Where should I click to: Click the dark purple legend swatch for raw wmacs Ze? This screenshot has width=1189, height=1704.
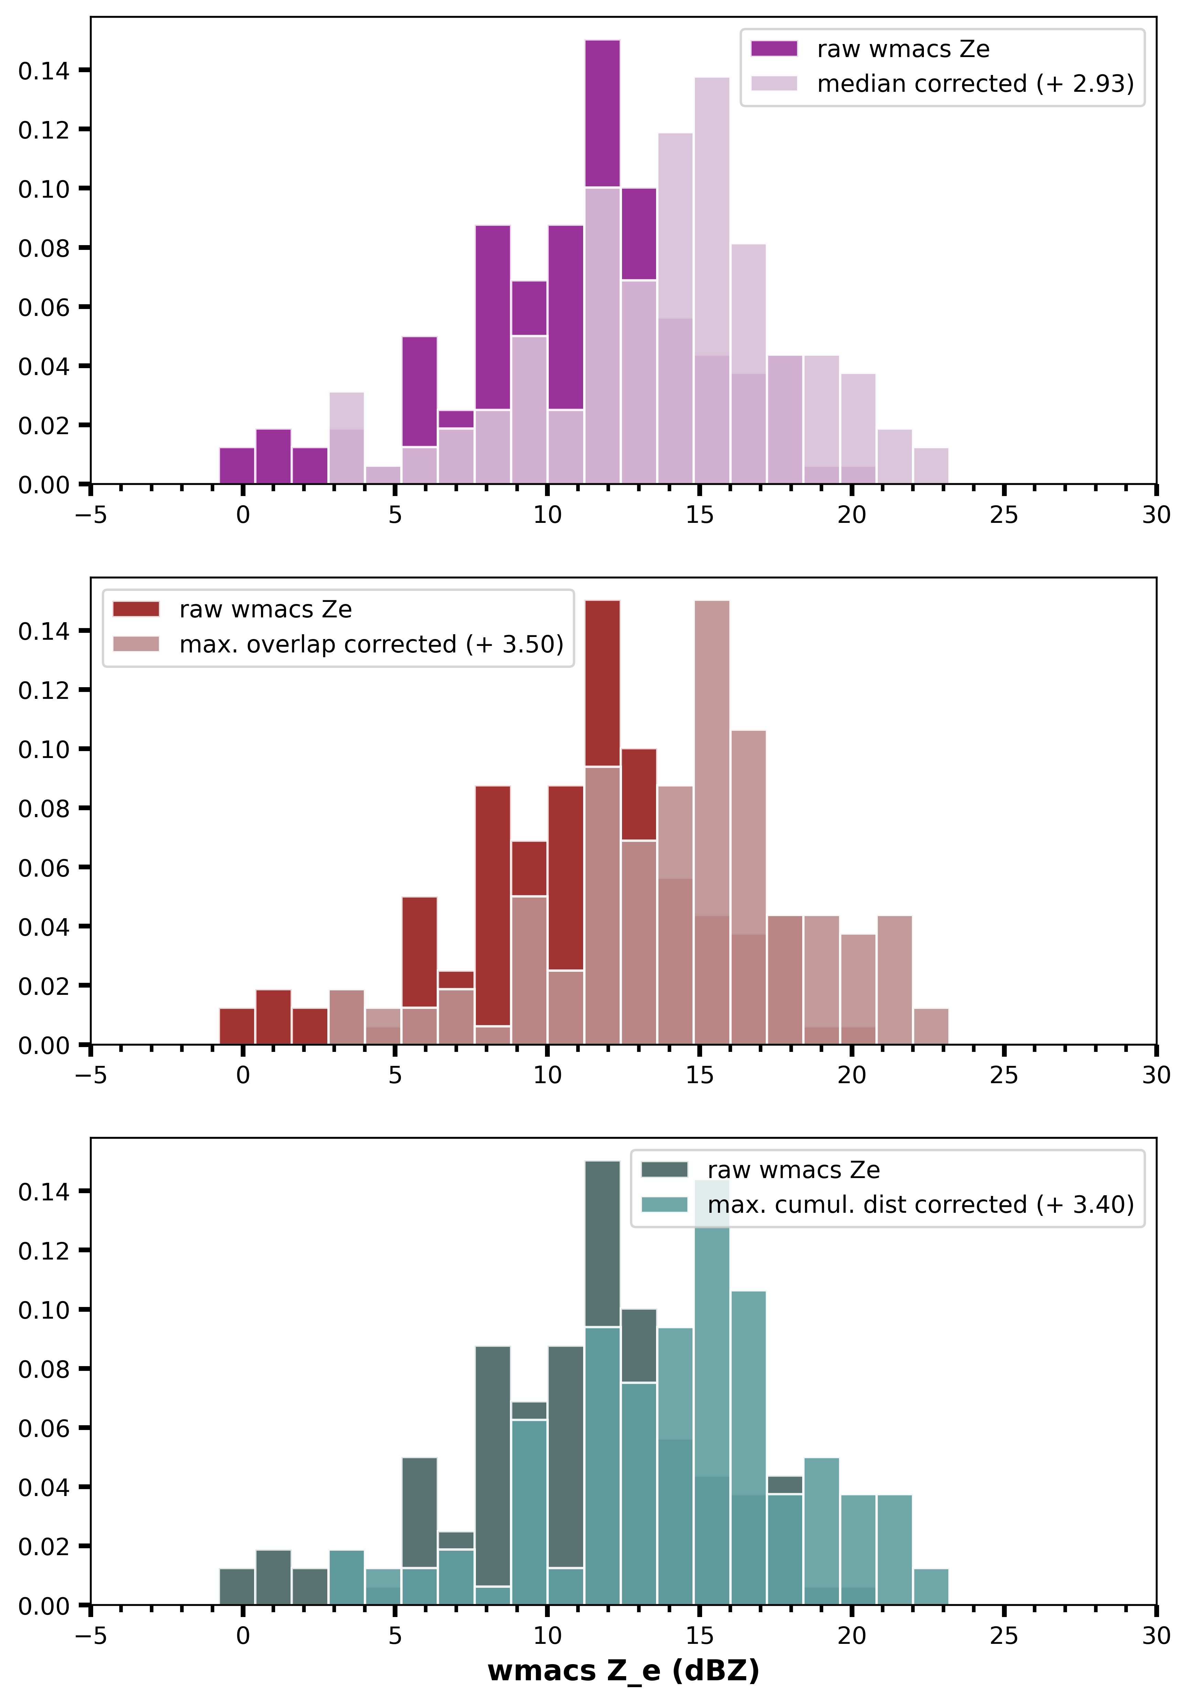[774, 49]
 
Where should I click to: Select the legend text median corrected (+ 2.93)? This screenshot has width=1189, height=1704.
[975, 84]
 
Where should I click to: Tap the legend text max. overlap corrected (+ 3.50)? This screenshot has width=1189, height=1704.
[371, 644]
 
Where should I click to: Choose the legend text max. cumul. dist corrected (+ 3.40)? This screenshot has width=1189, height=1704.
[920, 1205]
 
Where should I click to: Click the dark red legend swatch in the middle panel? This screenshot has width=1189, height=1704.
[136, 609]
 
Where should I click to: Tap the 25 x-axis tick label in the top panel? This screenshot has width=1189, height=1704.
[1003, 515]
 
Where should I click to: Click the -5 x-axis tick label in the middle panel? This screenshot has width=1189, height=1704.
[90, 1075]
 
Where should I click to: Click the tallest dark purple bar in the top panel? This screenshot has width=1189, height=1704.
[602, 111]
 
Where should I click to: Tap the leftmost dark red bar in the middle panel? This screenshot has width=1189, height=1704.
[237, 1026]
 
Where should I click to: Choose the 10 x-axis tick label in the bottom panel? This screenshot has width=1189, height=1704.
[547, 1636]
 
